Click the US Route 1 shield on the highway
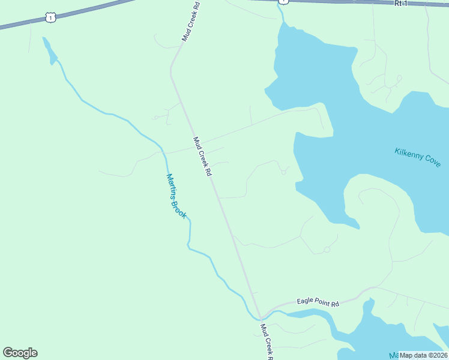51,18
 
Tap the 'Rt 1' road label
400,4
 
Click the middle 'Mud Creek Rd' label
202,157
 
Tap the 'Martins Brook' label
176,196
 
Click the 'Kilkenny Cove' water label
418,157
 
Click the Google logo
20,353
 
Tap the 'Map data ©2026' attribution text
423,355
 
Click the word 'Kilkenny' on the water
408,154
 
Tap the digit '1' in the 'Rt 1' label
405,4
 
